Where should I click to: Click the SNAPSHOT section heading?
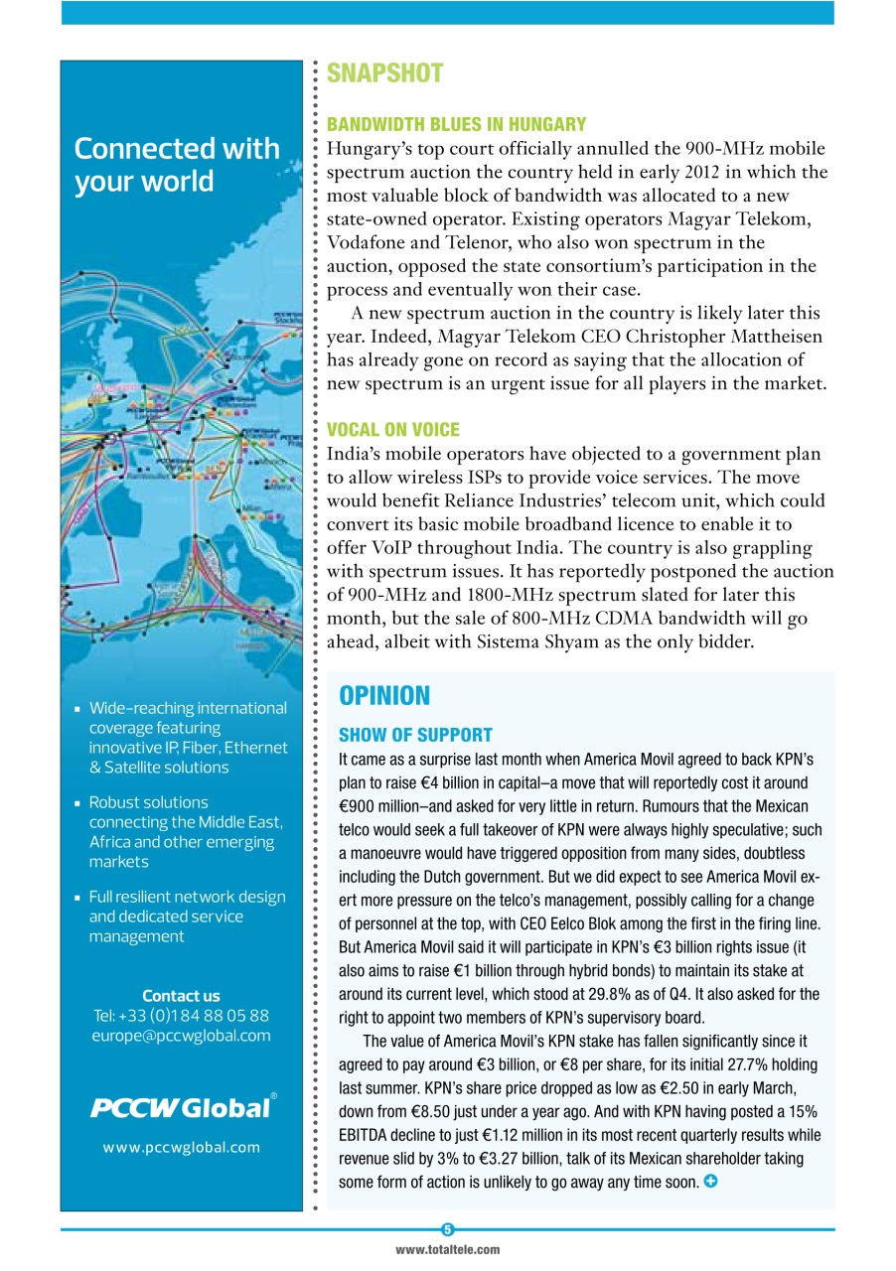tap(384, 73)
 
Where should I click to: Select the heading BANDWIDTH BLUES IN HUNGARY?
tap(456, 124)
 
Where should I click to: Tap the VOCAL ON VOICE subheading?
tap(392, 429)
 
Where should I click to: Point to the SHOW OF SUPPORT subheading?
tap(415, 735)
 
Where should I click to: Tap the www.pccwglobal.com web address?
tap(181, 1147)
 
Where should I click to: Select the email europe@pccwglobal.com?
tap(181, 1036)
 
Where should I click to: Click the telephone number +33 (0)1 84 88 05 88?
tap(181, 1016)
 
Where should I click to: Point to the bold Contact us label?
tap(181, 995)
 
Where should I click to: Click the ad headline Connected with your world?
tap(176, 165)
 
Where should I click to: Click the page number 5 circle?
tap(447, 1229)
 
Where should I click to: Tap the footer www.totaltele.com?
tap(447, 1250)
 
